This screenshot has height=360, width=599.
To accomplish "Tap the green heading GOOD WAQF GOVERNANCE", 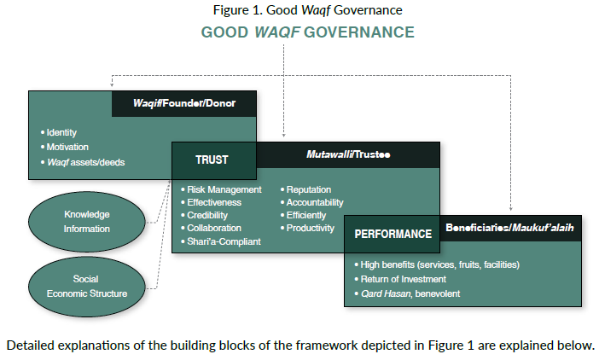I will [307, 32].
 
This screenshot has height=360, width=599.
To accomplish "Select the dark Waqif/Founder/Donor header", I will [184, 104].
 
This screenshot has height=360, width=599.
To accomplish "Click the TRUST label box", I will [212, 160].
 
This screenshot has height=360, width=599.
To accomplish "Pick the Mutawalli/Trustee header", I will [347, 154].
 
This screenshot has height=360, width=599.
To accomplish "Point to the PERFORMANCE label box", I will [393, 233].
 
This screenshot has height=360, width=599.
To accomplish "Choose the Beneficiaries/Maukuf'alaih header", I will [509, 229].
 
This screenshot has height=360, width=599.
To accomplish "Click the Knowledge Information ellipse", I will [87, 222].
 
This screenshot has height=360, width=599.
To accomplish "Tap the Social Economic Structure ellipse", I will [87, 287].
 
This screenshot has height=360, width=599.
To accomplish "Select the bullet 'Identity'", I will [62, 134].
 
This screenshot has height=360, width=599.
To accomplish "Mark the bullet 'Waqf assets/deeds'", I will [85, 161].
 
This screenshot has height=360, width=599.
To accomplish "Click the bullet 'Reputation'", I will [310, 189].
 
